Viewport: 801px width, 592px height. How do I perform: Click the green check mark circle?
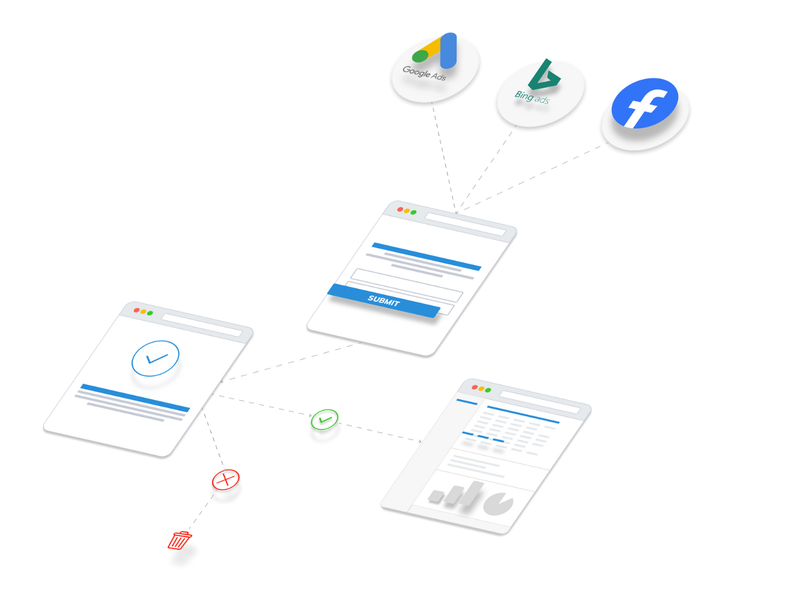point(325,419)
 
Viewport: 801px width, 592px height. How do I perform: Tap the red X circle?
point(226,480)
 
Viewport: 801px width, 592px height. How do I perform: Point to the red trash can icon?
point(179,540)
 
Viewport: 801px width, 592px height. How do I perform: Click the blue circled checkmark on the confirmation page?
point(156,358)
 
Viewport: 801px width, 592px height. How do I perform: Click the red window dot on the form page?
point(400,209)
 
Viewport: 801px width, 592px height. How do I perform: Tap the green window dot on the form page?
point(414,212)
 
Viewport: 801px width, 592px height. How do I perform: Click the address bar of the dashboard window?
point(539,401)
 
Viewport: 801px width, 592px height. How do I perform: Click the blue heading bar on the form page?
point(426,256)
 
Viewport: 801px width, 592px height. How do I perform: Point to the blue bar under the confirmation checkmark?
point(135,398)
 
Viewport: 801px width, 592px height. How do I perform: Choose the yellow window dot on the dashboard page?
point(482,389)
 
